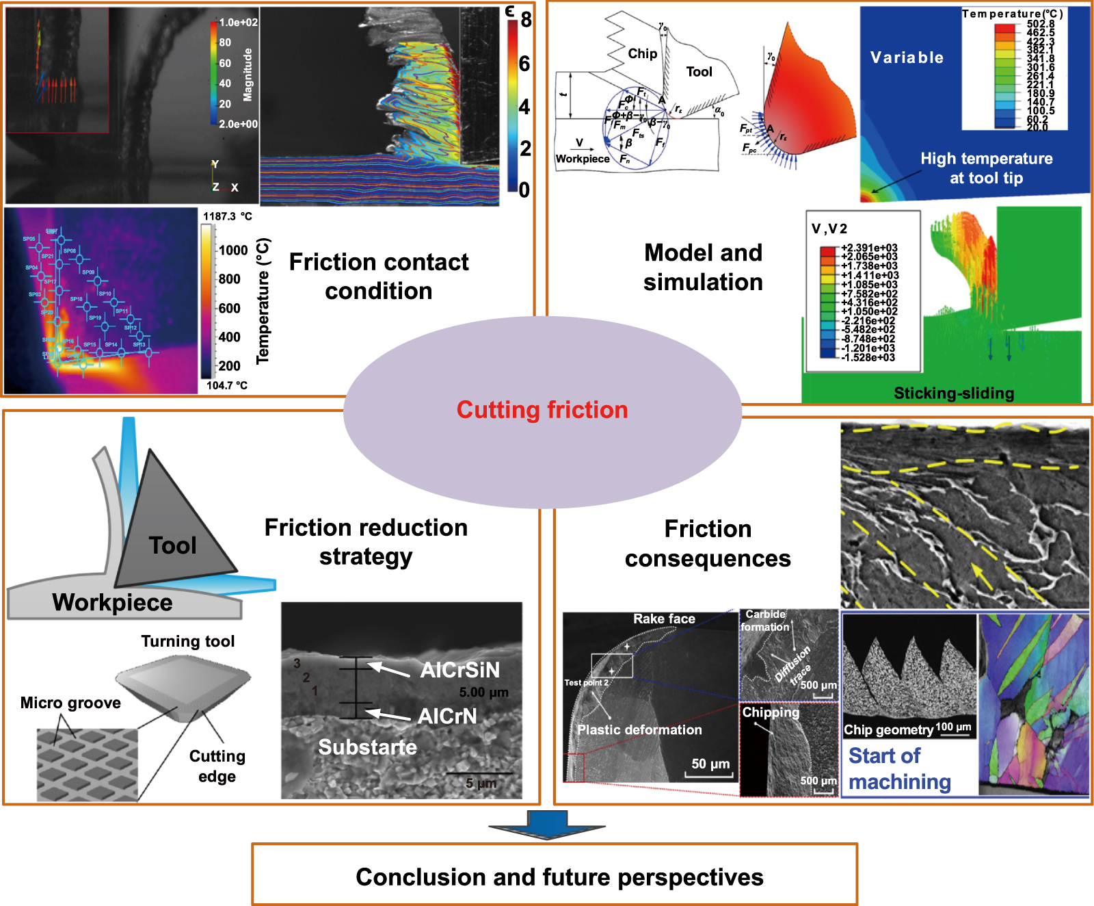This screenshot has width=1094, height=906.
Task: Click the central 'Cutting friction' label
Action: (x=542, y=410)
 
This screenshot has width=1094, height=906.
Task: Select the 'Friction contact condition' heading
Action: (x=379, y=276)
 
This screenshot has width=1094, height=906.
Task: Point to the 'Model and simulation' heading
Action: (x=703, y=268)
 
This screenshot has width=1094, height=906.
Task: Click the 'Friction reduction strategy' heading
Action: (x=366, y=542)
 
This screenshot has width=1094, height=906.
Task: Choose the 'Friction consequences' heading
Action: (x=708, y=544)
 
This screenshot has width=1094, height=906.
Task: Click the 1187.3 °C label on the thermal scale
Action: (x=227, y=216)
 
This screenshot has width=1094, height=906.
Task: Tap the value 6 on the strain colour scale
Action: (x=524, y=64)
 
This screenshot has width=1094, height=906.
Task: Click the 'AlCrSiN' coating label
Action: (x=459, y=670)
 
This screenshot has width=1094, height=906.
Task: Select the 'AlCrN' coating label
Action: (x=447, y=716)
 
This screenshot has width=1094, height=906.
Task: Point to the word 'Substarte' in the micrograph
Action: (x=367, y=747)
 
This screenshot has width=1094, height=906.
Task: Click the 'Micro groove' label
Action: (x=70, y=703)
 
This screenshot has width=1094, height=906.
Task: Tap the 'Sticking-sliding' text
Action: (x=954, y=393)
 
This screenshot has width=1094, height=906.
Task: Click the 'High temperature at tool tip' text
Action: (x=986, y=168)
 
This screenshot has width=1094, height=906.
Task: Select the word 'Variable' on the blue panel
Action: (x=907, y=57)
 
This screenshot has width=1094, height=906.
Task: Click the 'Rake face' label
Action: (x=664, y=619)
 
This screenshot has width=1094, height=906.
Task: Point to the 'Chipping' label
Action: (x=771, y=712)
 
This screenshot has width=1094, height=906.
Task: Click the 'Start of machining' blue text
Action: (x=899, y=769)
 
